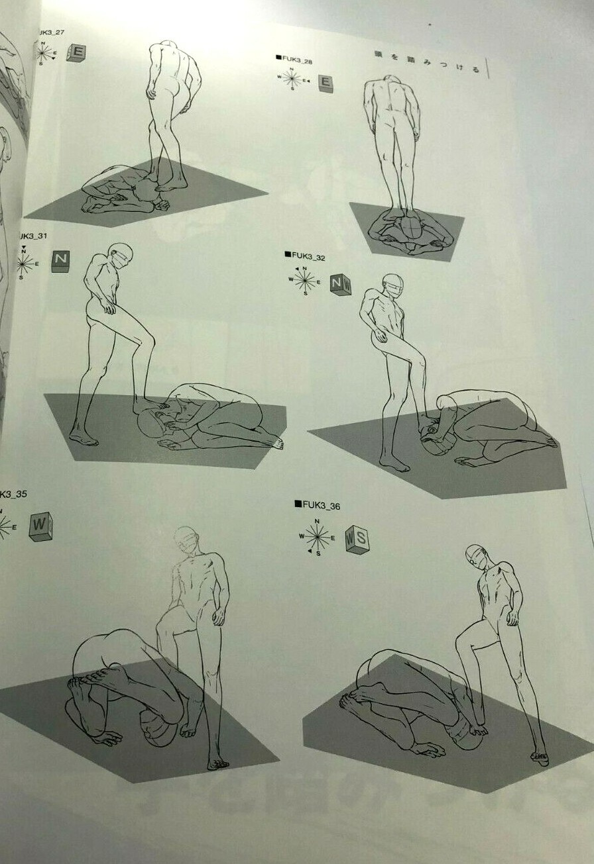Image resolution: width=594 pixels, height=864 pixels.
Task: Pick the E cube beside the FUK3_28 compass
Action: pyautogui.click(x=325, y=83)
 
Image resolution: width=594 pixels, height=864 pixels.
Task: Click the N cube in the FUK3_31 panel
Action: pyautogui.click(x=60, y=260)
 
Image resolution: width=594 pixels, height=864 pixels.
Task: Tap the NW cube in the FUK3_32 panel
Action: pyautogui.click(x=341, y=285)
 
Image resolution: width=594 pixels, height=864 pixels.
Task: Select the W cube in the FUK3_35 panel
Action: pyautogui.click(x=41, y=527)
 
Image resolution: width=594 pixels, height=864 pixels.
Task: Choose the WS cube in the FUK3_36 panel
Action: pyautogui.click(x=357, y=539)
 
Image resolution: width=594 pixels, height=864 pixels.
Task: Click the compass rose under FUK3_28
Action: pyautogui.click(x=291, y=79)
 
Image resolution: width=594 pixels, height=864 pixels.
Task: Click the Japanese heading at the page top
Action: pyautogui.click(x=426, y=66)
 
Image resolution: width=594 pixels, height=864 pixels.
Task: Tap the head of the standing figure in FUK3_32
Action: pyautogui.click(x=392, y=285)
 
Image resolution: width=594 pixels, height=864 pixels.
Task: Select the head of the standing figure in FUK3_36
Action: pyautogui.click(x=476, y=555)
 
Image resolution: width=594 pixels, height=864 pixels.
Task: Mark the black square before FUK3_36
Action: pyautogui.click(x=298, y=504)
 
